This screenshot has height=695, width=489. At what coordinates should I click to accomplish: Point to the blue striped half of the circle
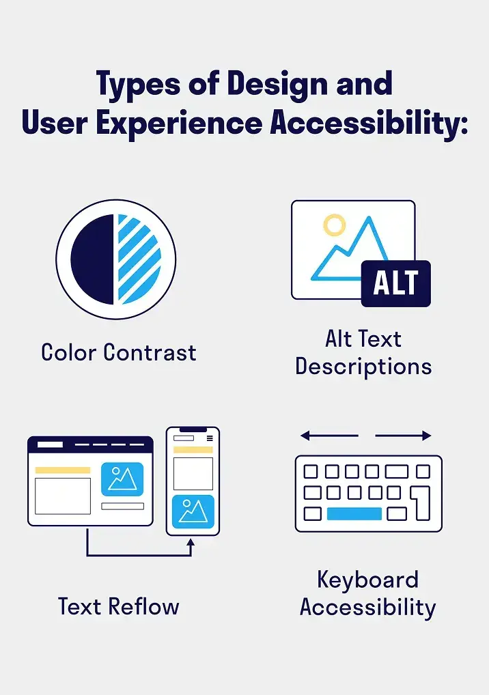[x=138, y=259]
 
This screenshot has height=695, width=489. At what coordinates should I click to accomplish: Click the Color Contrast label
[x=118, y=352]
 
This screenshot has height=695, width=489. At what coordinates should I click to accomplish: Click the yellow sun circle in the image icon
[x=334, y=225]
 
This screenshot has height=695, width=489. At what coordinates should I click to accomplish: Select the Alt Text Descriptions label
[x=363, y=352]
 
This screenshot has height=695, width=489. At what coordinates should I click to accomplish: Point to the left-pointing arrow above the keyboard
[x=328, y=436]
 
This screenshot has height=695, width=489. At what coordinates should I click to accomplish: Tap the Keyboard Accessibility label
[x=367, y=593]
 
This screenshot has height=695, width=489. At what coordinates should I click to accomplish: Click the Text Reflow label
[x=118, y=606]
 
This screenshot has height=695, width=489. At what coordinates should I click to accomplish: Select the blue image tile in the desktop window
[x=122, y=479]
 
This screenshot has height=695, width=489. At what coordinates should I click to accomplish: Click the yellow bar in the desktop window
[x=62, y=470]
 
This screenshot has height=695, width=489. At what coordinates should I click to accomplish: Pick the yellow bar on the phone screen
[x=193, y=451]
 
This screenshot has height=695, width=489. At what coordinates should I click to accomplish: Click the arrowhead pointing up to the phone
[x=191, y=543]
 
